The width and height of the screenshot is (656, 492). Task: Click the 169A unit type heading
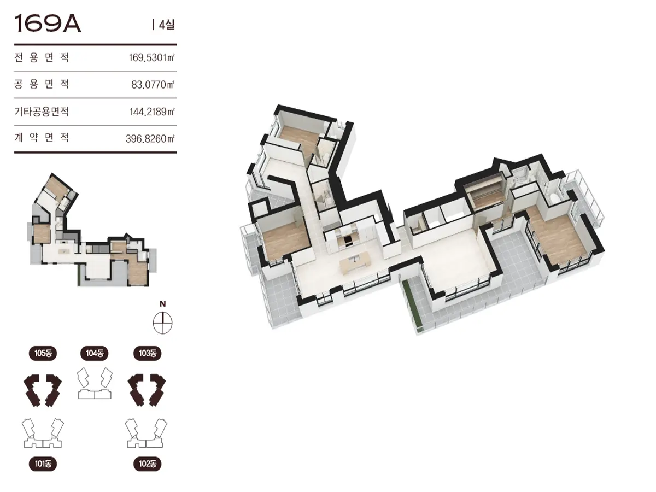tap(48, 24)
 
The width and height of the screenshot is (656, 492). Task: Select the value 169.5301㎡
tap(151, 57)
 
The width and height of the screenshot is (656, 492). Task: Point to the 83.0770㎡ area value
tap(153, 85)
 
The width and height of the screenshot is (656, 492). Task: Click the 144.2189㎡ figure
tap(152, 112)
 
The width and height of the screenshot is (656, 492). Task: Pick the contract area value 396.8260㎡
tap(150, 139)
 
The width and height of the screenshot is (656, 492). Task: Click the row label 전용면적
tap(42, 57)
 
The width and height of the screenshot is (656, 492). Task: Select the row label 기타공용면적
tap(42, 112)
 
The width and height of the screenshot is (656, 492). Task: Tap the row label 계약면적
tap(42, 137)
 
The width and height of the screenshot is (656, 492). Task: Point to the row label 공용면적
tap(42, 84)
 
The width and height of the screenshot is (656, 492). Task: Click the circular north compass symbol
tap(162, 323)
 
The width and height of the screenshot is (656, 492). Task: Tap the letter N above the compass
tap(162, 304)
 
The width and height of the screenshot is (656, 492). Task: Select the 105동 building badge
tap(43, 353)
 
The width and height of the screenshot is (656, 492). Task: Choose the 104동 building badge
tap(95, 353)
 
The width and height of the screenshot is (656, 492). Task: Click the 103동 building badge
tap(148, 353)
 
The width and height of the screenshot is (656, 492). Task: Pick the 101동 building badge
tap(43, 464)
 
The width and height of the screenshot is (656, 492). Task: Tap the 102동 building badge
tap(148, 464)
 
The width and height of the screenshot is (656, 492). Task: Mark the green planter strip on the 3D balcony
tap(411, 304)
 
